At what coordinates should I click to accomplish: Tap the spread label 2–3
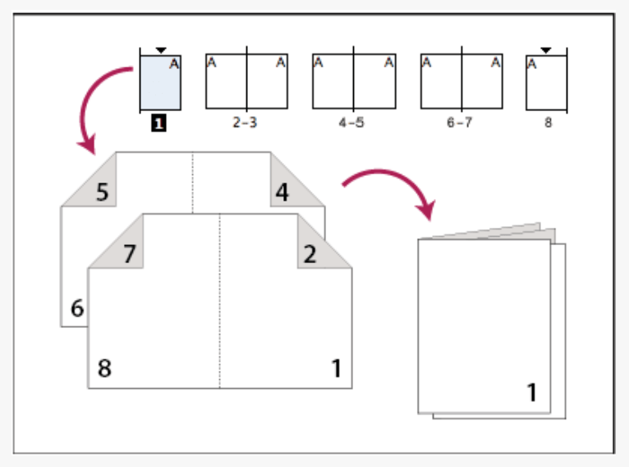[x=246, y=123]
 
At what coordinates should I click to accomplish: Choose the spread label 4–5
[x=353, y=123]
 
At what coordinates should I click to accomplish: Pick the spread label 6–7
[x=461, y=123]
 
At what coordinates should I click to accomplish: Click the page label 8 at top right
[x=545, y=123]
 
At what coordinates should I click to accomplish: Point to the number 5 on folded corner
[x=103, y=192]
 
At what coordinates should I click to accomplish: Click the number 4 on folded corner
[x=282, y=193]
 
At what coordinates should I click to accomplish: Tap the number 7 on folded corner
[x=129, y=254]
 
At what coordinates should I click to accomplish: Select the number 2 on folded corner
[x=310, y=254]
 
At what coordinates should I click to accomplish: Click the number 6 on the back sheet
[x=77, y=309]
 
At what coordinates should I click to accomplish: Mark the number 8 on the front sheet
[x=103, y=368]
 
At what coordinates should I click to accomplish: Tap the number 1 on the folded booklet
[x=532, y=392]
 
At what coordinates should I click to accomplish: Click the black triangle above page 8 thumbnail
[x=547, y=50]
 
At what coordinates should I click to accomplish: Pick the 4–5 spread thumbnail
[x=354, y=82]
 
